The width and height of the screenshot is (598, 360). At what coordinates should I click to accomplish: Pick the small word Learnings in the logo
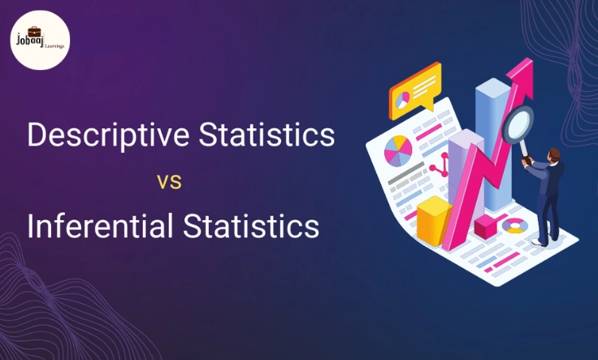pos(54,46)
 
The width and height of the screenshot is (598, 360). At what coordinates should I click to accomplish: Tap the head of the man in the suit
pos(553,154)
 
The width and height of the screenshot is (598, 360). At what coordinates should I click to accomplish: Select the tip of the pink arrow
pos(519,65)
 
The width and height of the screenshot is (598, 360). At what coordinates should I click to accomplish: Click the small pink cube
pos(486,226)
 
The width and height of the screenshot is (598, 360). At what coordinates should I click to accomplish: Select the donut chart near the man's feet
pos(514,225)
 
